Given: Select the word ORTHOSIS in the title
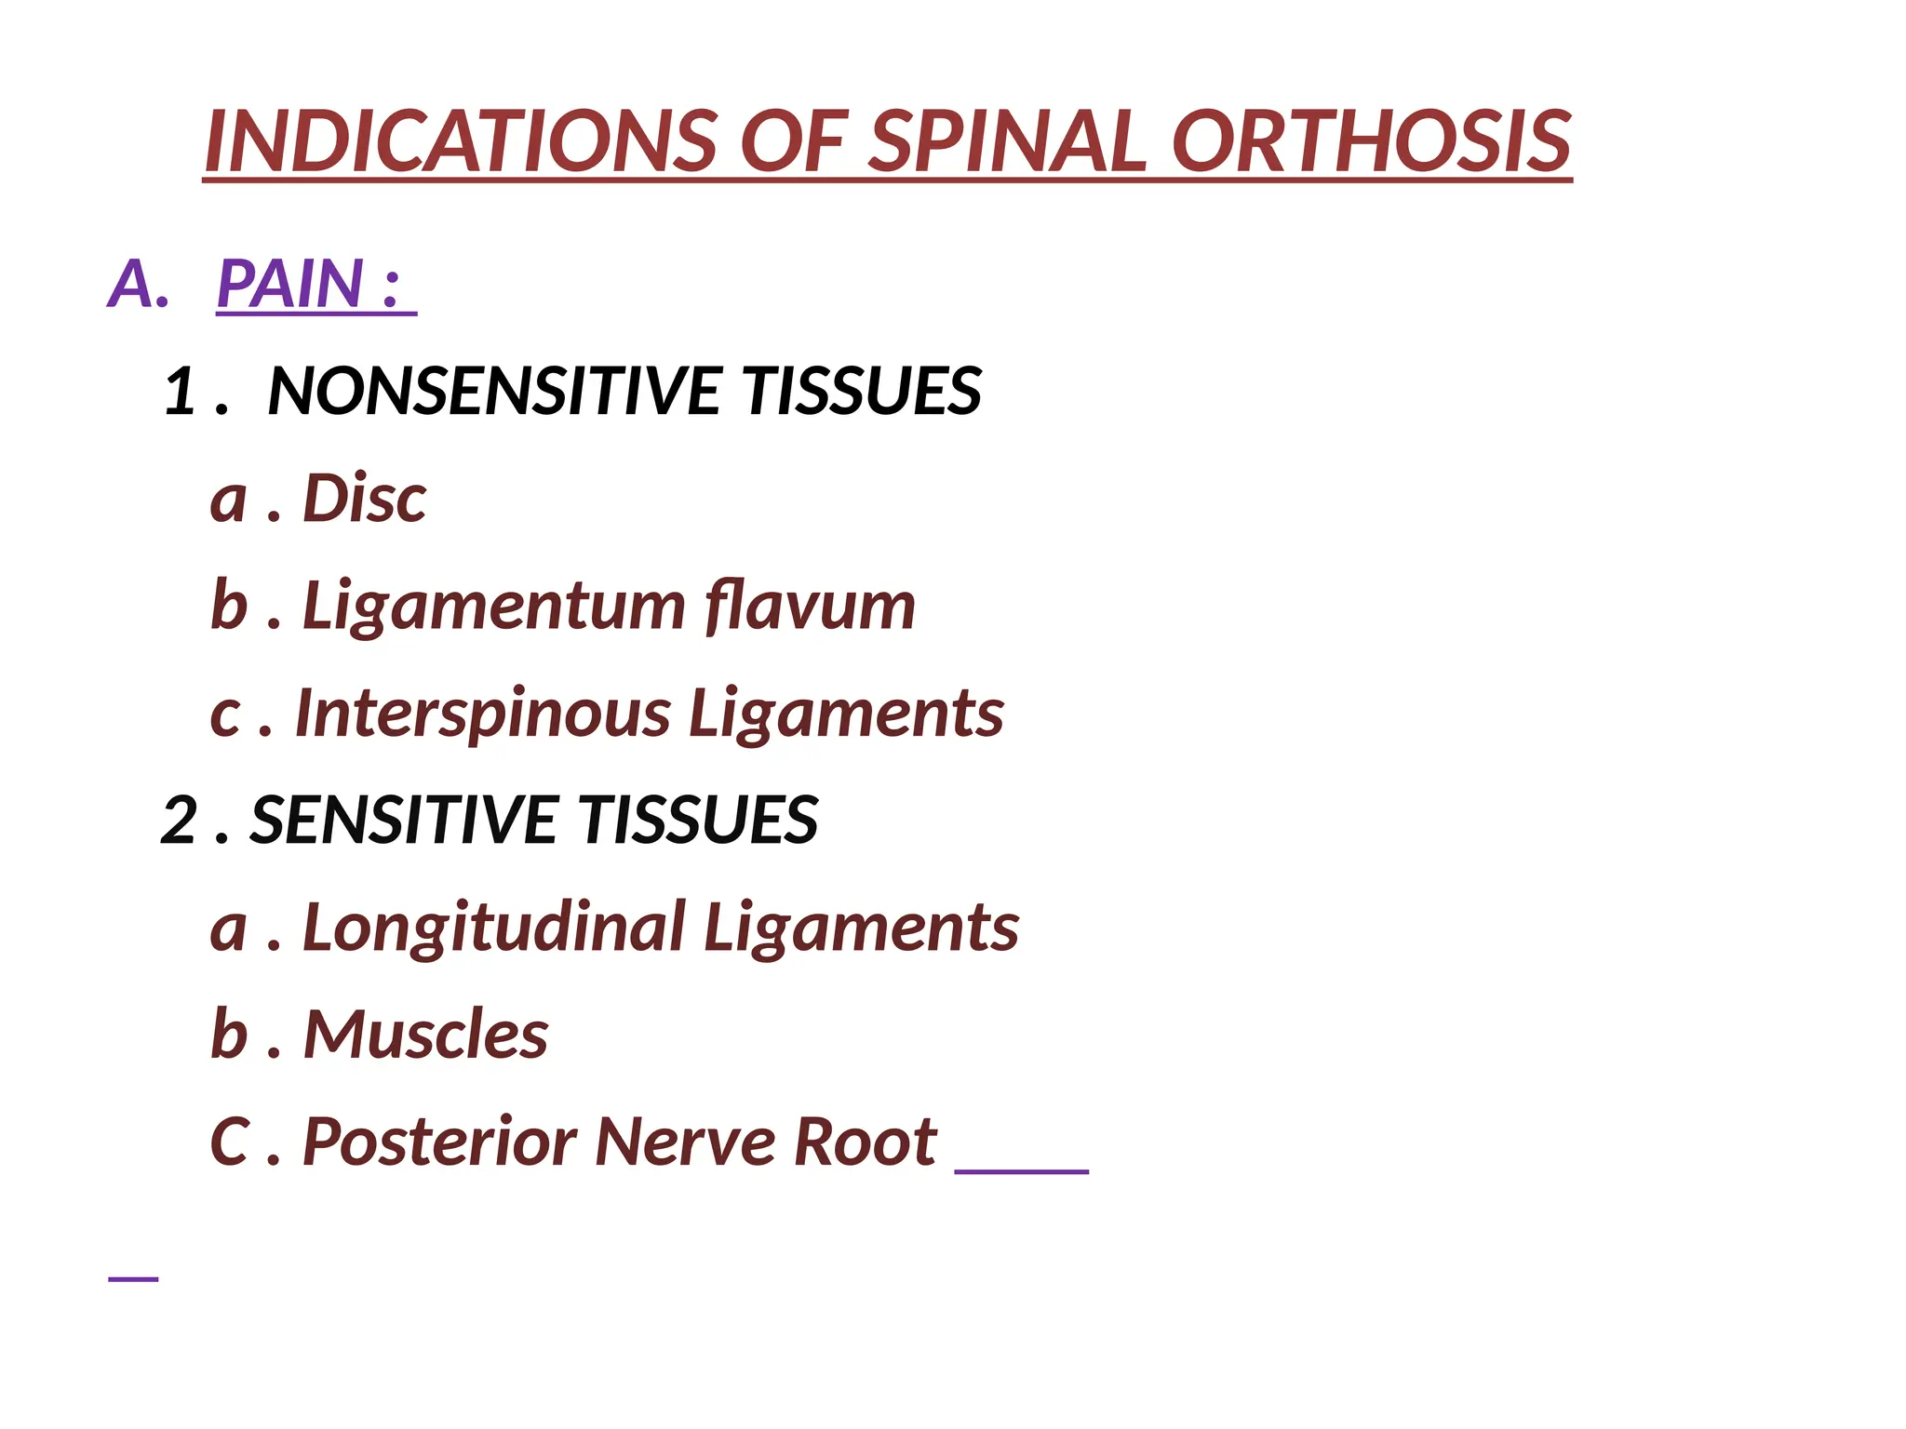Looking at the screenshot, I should pos(1371,141).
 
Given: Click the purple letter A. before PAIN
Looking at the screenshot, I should pos(138,284).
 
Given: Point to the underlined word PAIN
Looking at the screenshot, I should pos(289,284).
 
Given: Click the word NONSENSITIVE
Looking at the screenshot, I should pos(493,391).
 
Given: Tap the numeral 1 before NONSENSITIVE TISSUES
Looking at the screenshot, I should pos(180,391).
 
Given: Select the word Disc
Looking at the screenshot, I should pos(364,499).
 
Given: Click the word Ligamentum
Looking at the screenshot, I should pos(494,607).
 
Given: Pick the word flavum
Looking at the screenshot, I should pos(810,607).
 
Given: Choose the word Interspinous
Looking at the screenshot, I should pos(483,714).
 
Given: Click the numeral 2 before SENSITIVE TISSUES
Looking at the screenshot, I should pos(179,821).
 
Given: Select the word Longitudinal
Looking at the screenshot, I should pos(494,928).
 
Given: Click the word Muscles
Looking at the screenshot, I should pos(425,1035).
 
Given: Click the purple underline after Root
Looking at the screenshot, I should pos(1021,1170).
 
